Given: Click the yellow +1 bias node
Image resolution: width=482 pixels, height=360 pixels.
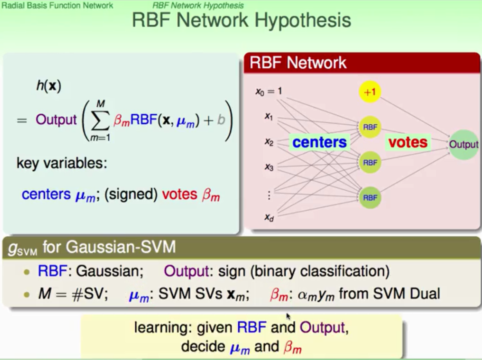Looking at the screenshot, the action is pyautogui.click(x=370, y=92).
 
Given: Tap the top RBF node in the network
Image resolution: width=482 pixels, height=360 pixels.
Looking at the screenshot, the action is pyautogui.click(x=370, y=127).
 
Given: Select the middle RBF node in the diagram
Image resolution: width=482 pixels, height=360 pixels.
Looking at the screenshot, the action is pyautogui.click(x=370, y=162).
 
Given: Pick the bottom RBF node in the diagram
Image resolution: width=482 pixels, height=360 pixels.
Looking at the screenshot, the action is pyautogui.click(x=370, y=197).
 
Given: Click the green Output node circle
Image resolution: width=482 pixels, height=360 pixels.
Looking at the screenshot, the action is pyautogui.click(x=463, y=145).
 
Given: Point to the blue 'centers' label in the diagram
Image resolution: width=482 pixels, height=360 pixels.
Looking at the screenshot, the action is pyautogui.click(x=319, y=142).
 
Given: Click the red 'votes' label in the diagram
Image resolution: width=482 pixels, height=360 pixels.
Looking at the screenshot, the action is pyautogui.click(x=408, y=142).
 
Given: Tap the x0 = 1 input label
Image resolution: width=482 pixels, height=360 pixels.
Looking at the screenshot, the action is pyautogui.click(x=268, y=91).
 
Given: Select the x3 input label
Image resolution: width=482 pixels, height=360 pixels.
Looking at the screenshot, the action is pyautogui.click(x=269, y=167).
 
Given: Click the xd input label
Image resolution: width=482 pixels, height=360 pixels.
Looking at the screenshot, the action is pyautogui.click(x=269, y=218).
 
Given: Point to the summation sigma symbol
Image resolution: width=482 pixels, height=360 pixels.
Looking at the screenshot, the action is pyautogui.click(x=101, y=121).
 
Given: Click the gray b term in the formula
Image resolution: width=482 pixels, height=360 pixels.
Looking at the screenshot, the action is pyautogui.click(x=221, y=120).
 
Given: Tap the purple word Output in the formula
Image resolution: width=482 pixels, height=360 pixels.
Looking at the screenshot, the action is pyautogui.click(x=56, y=120).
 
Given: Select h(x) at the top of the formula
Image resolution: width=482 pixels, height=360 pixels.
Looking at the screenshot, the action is pyautogui.click(x=49, y=86).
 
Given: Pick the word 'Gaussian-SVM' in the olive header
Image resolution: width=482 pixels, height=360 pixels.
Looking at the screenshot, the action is pyautogui.click(x=121, y=247).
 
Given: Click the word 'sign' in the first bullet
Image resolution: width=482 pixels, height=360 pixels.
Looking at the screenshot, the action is pyautogui.click(x=232, y=272).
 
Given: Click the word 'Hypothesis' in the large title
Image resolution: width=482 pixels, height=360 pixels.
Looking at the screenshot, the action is pyautogui.click(x=302, y=21).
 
